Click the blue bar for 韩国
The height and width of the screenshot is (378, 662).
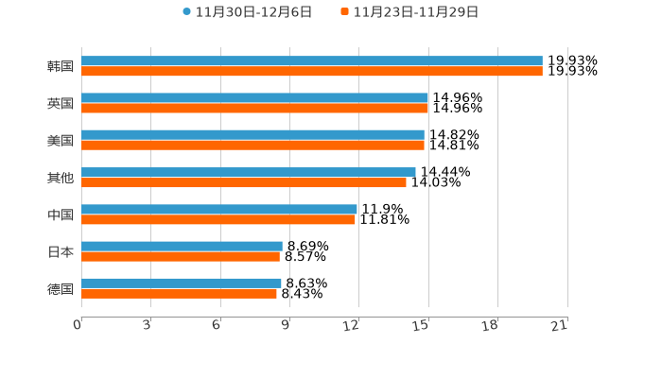(x=312, y=61)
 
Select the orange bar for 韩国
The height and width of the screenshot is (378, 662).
(x=312, y=72)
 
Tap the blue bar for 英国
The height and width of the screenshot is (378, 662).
(x=255, y=98)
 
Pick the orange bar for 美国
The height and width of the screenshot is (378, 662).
(x=253, y=146)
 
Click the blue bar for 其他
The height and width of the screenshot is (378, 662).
(x=249, y=172)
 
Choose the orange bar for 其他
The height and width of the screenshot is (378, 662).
(x=244, y=182)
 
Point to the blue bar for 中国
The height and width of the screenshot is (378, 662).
(x=219, y=209)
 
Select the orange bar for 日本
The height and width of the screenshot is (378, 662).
(x=181, y=256)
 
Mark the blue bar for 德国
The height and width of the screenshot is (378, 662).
(x=182, y=283)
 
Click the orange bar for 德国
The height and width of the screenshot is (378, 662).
(x=180, y=293)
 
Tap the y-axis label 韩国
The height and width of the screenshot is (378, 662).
(x=60, y=67)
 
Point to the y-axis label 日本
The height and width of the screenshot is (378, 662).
(x=60, y=252)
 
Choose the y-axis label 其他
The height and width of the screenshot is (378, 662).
(x=60, y=178)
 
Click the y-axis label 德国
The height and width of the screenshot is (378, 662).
(x=60, y=289)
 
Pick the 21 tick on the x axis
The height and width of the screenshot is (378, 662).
(x=560, y=325)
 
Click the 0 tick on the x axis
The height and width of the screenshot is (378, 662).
(x=78, y=325)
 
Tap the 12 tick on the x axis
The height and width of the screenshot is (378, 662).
(x=352, y=325)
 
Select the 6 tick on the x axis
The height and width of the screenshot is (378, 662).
(x=217, y=325)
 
